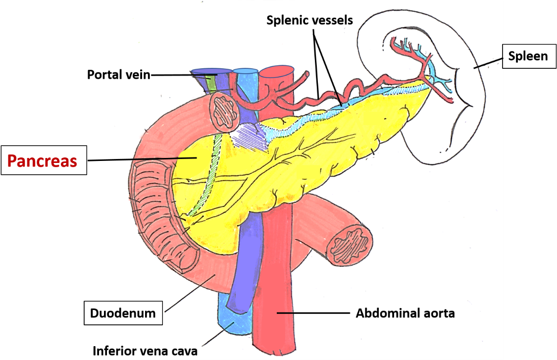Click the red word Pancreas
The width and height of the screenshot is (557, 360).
42,161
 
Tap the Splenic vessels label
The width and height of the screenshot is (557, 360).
309,20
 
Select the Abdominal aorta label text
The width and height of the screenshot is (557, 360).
405,313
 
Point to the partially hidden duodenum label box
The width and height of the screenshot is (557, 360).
135,313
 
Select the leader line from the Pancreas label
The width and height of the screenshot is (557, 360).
149,159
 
